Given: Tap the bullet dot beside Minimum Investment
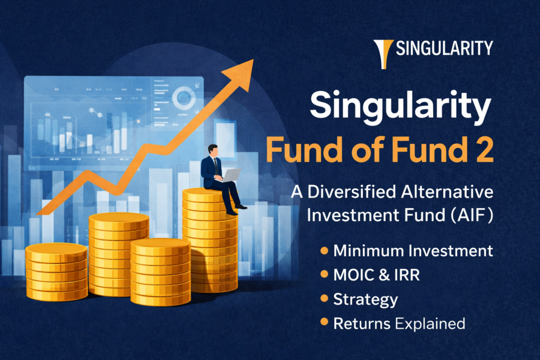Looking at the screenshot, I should point(324,251).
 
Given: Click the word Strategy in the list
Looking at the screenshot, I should point(365,300).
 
